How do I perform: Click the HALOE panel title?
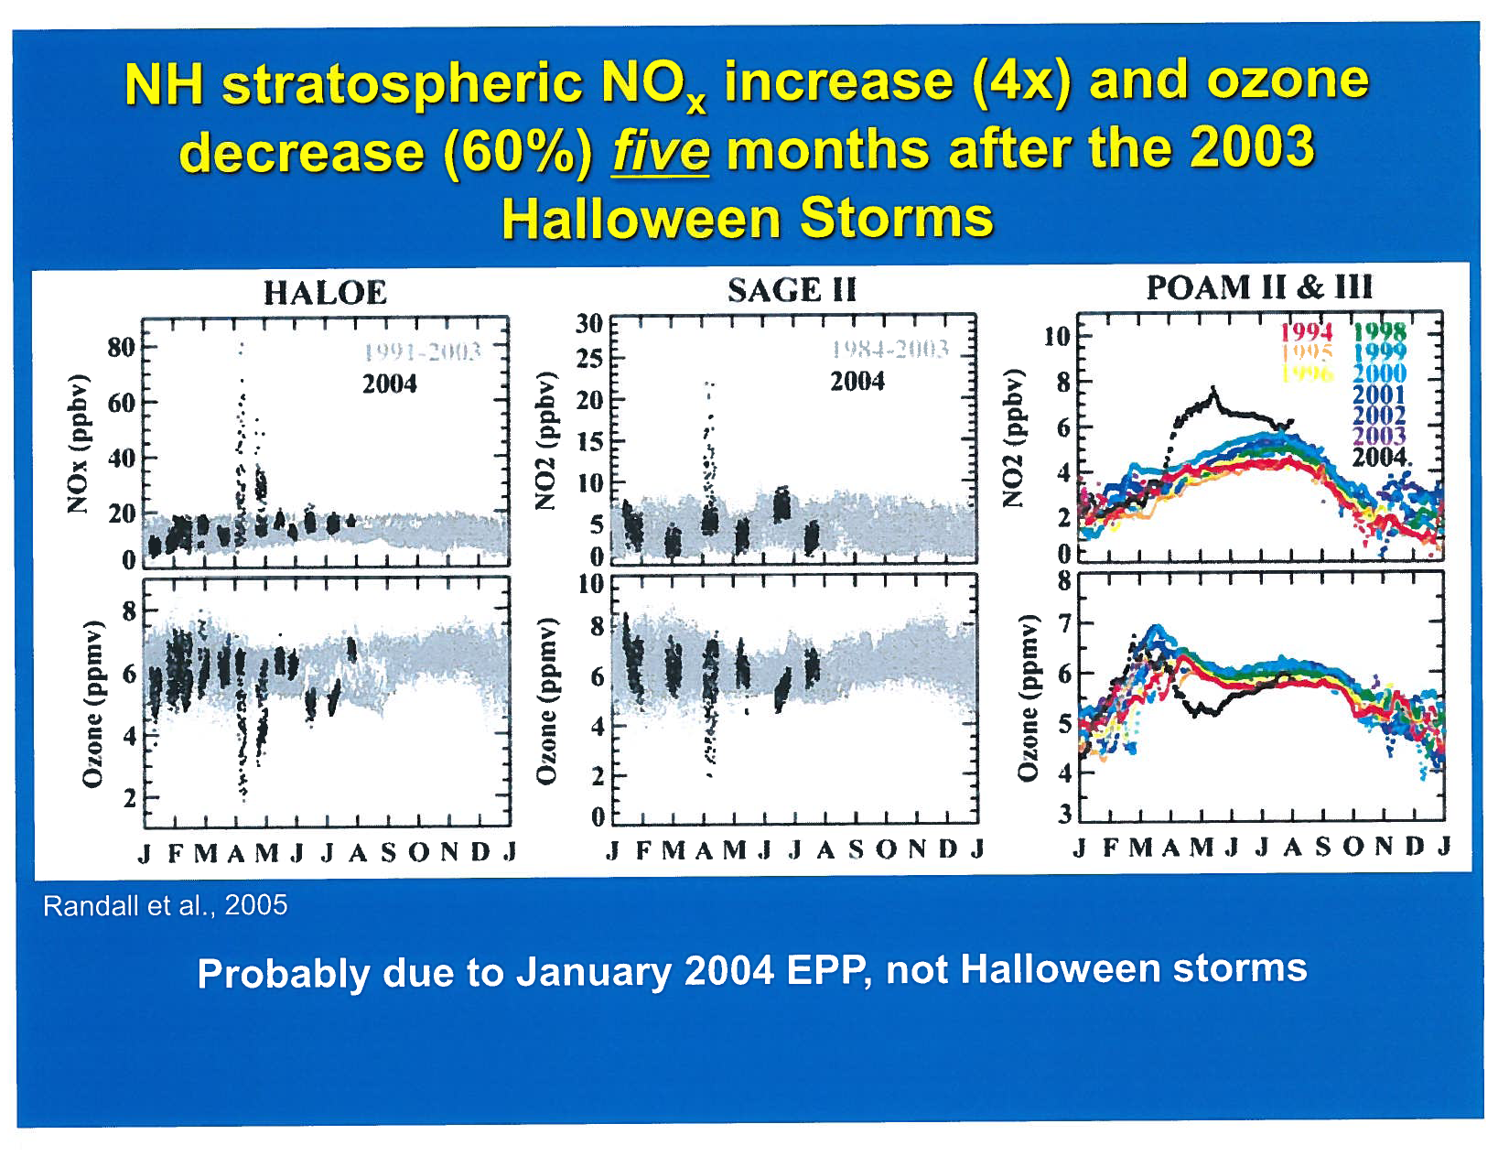(325, 293)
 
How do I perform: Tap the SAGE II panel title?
(792, 290)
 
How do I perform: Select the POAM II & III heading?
(1259, 287)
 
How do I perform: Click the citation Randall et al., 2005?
(166, 905)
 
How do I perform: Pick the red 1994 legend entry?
(1306, 331)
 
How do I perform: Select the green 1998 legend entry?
(1379, 331)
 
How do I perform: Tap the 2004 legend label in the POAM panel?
(1379, 456)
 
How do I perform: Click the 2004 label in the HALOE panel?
(390, 384)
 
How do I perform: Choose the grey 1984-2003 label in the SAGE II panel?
(889, 349)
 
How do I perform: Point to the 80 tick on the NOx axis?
(121, 348)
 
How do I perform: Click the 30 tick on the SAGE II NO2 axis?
(589, 323)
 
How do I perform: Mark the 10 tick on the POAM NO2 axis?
(1057, 337)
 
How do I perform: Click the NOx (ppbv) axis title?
(80, 444)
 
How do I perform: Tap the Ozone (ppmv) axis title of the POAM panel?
(1029, 698)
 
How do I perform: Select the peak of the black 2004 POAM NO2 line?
(1214, 390)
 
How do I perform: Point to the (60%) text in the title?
(519, 153)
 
